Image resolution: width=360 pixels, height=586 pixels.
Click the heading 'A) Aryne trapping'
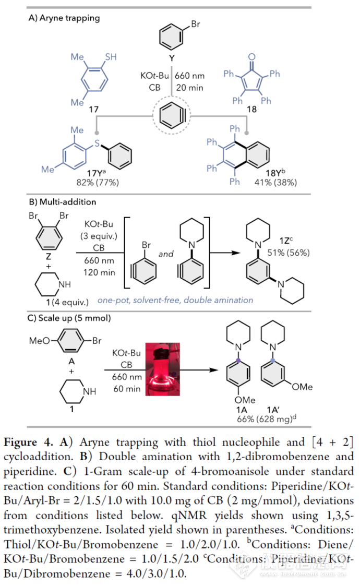click(x=64, y=18)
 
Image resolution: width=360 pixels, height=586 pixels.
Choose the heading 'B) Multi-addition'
click(x=62, y=201)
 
